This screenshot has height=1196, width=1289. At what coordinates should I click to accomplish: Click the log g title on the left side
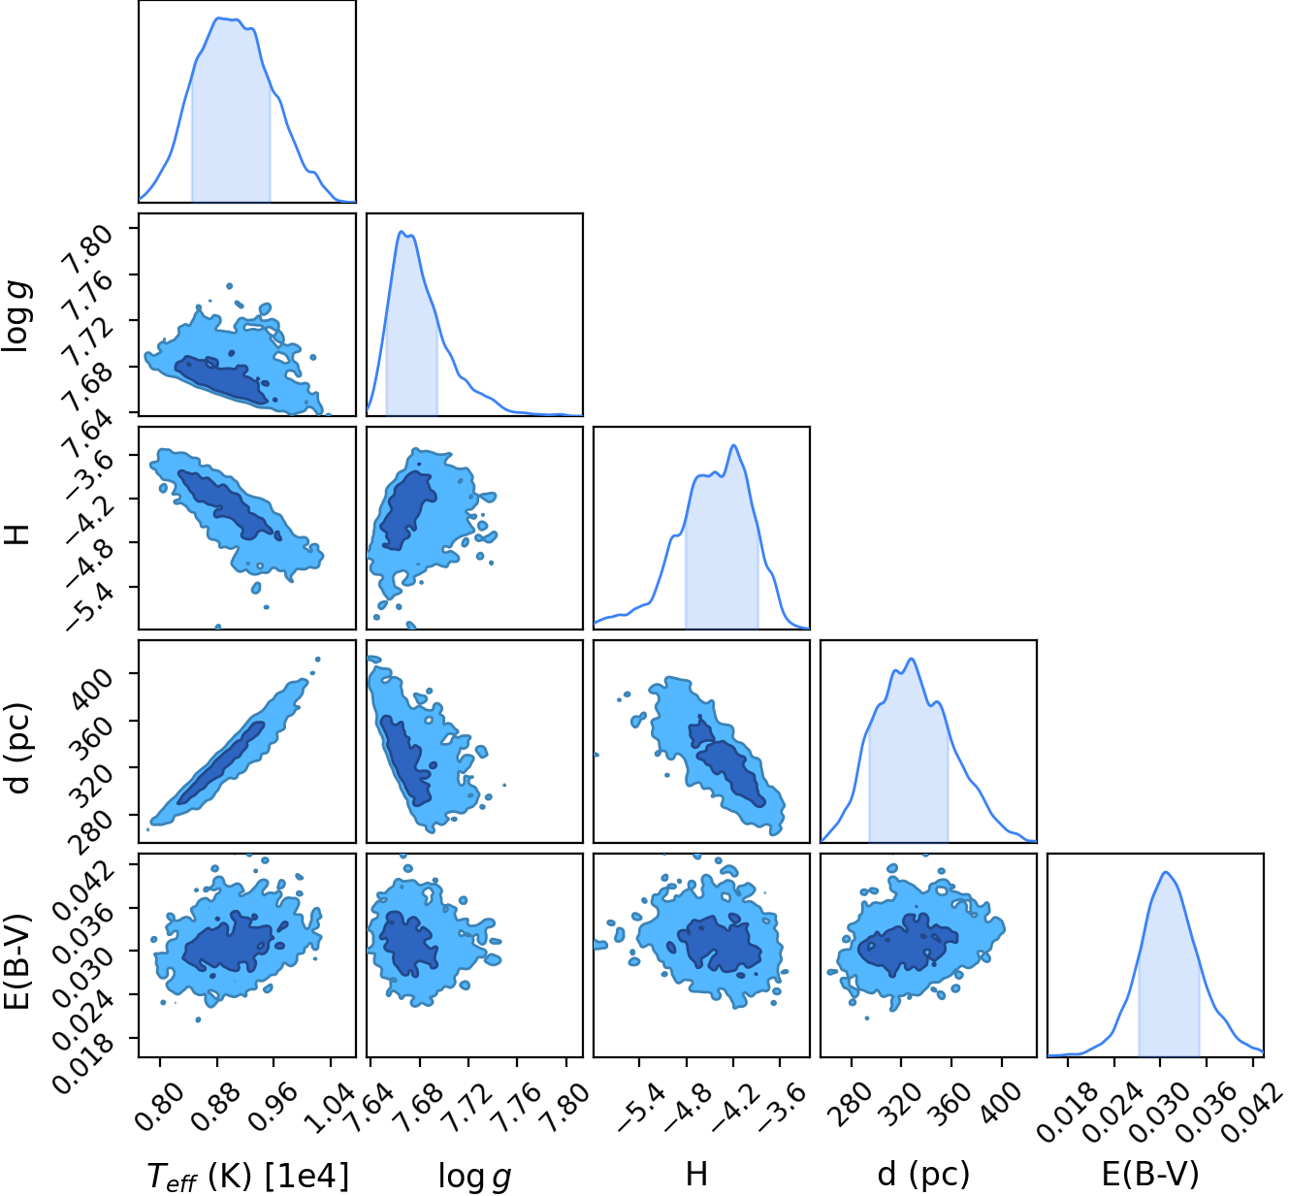pos(16,315)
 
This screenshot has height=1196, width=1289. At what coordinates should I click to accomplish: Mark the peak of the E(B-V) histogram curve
pos(1166,871)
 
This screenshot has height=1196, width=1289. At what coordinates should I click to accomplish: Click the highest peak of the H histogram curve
pos(733,445)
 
